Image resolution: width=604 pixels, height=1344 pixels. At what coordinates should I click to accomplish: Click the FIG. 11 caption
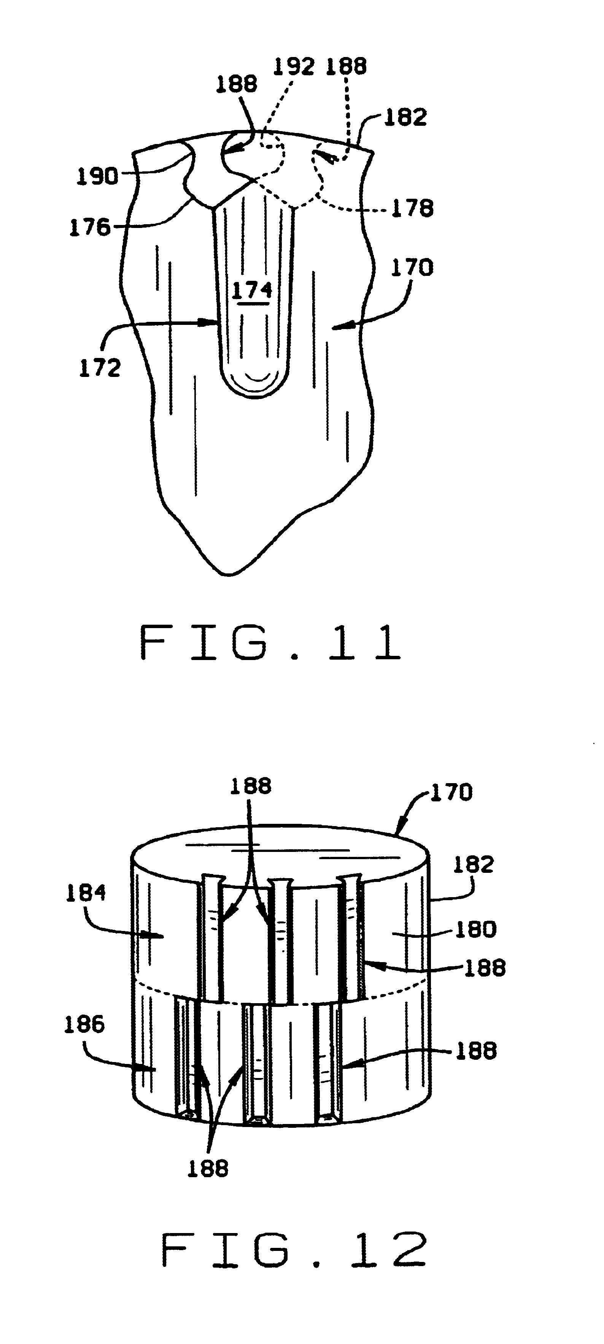pos(270,643)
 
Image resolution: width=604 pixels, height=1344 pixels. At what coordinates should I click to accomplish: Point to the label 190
pos(98,176)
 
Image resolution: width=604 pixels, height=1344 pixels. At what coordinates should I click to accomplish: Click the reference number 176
pos(90,228)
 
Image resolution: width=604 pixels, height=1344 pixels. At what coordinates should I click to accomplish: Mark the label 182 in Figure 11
pos(405,117)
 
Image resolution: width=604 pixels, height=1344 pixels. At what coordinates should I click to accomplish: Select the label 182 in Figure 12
pos(473,864)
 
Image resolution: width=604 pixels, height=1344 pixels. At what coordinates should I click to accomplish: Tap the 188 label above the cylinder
pos(251,786)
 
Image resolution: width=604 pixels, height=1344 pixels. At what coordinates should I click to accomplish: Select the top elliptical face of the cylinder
pos(280,856)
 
